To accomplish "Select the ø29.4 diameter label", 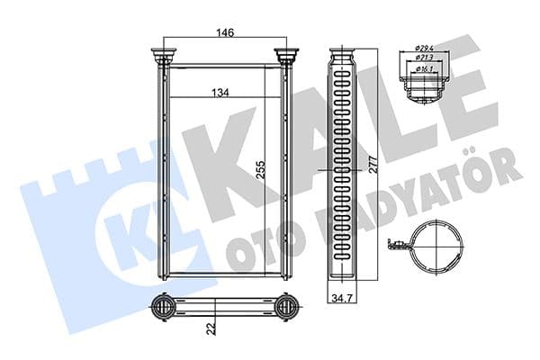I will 425,48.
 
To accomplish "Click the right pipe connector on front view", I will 288,58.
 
